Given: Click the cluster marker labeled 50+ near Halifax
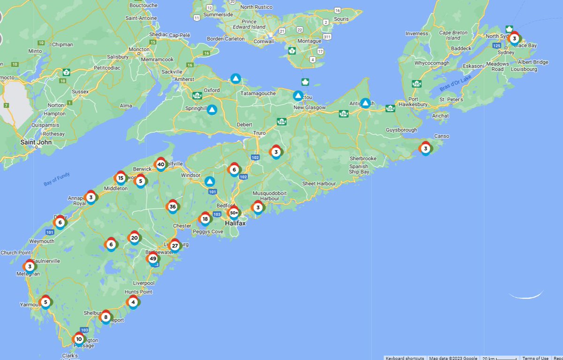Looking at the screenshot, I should [x=234, y=213].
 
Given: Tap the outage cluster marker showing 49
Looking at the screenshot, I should [x=152, y=259].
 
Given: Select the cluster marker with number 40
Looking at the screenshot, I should [x=161, y=164].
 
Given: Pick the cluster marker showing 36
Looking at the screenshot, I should [x=173, y=207].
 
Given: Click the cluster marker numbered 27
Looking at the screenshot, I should [x=175, y=245].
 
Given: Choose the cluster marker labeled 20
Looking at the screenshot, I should [x=134, y=238].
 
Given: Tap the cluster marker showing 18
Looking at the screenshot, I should [x=205, y=219].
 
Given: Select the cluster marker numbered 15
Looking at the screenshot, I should [x=121, y=178].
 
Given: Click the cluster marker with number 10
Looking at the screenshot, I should [x=79, y=339].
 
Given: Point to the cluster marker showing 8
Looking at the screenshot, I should [x=106, y=317].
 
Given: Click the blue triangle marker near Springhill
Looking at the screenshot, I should [x=212, y=110].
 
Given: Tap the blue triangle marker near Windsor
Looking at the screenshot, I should [x=210, y=181].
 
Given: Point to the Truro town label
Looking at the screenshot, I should [x=259, y=133].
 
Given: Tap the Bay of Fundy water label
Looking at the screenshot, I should [x=57, y=179].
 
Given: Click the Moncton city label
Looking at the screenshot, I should [x=139, y=49].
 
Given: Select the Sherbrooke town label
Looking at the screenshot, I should [x=363, y=159].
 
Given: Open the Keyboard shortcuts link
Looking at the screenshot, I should [x=405, y=358].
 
